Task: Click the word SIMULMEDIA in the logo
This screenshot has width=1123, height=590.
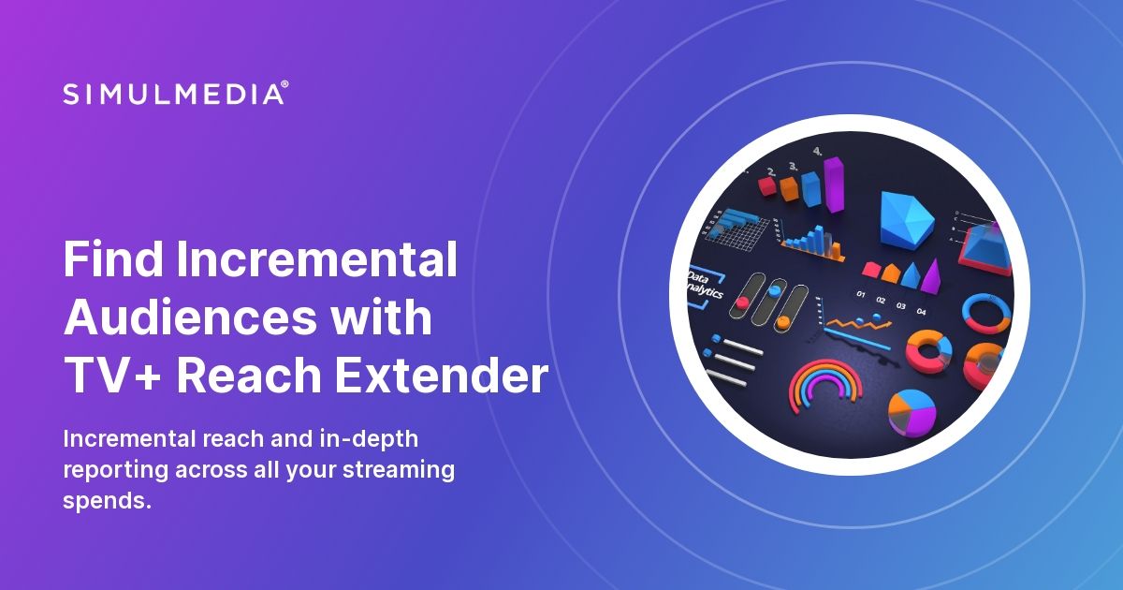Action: pyautogui.click(x=173, y=94)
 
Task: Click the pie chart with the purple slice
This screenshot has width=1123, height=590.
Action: pyautogui.click(x=912, y=412)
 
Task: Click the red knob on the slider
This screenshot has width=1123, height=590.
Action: pyautogui.click(x=743, y=302)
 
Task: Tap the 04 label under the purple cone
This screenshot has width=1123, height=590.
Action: pyautogui.click(x=922, y=310)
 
